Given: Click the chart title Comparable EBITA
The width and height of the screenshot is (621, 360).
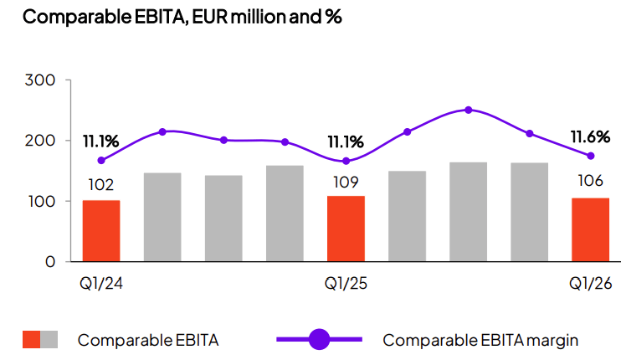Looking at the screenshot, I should (x=175, y=16).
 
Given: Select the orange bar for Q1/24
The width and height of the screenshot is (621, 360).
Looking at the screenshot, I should (x=101, y=230).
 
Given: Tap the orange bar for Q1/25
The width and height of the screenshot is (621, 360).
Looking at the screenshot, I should (x=346, y=228).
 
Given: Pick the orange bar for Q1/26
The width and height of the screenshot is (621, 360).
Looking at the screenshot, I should (x=590, y=229).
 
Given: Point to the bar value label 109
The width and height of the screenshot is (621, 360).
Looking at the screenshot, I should (x=346, y=182).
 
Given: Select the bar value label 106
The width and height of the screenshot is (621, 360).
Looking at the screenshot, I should (x=591, y=183).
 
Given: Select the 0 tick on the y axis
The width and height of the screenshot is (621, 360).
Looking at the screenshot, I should (x=49, y=262).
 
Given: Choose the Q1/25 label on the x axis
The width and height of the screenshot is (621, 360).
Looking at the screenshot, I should (x=346, y=284).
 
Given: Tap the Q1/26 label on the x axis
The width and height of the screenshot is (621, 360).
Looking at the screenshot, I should (x=591, y=284).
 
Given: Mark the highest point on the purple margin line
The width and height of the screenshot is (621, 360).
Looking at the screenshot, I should (x=469, y=110).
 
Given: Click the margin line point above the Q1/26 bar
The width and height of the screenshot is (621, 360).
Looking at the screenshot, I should (x=591, y=156).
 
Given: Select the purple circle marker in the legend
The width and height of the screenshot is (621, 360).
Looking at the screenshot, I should (x=320, y=339).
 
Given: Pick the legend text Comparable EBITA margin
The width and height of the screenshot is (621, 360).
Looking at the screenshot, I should (x=480, y=340).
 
